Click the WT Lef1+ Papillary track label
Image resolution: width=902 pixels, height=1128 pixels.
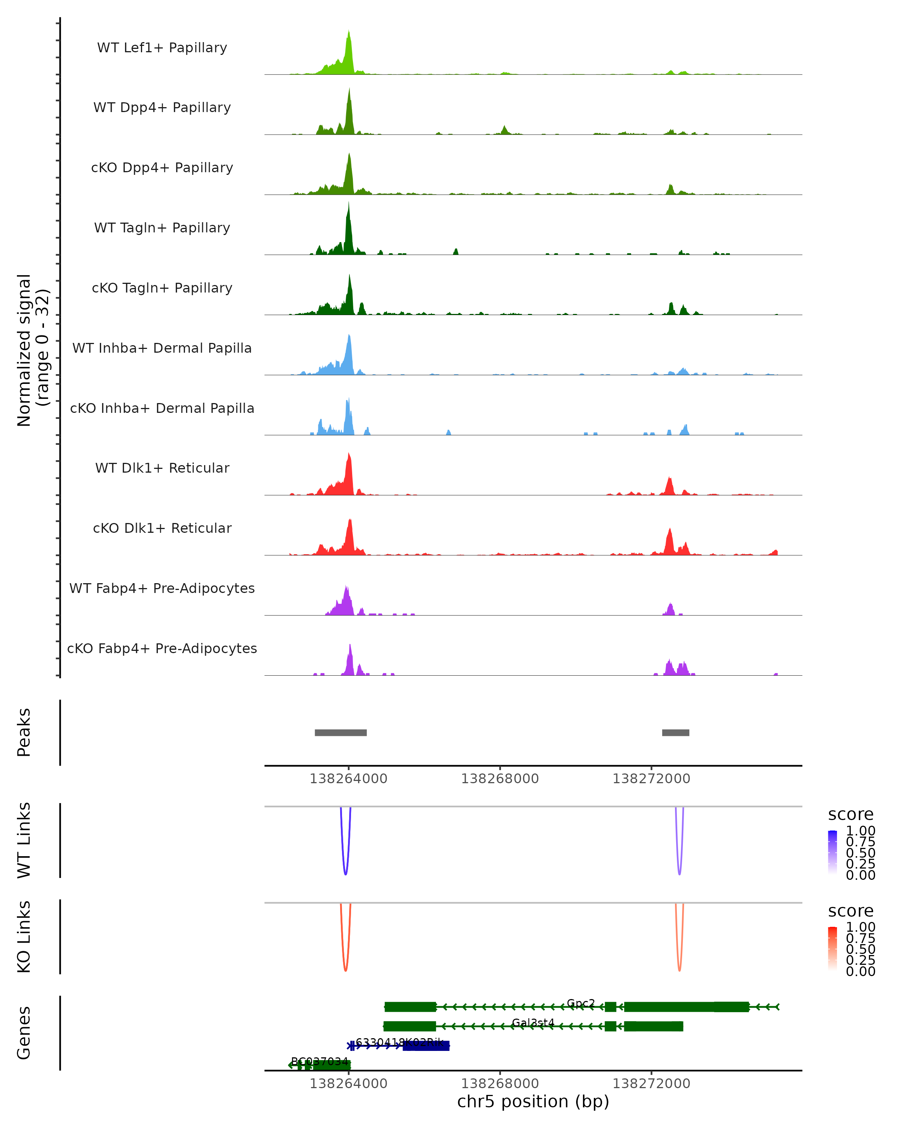(162, 48)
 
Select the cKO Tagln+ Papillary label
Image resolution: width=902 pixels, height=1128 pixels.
(162, 288)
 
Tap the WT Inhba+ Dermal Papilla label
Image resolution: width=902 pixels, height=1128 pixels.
(162, 348)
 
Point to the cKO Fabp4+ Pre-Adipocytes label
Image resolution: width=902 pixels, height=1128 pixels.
(162, 648)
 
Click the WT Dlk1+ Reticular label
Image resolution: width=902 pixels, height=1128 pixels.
(162, 468)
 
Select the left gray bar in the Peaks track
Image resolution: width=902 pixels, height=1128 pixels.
(341, 732)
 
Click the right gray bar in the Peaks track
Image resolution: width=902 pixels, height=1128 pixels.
(676, 732)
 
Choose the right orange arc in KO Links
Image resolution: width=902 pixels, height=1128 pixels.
(679, 969)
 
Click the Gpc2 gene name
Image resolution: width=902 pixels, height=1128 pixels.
(581, 1003)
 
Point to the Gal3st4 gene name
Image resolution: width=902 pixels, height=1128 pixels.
(533, 1022)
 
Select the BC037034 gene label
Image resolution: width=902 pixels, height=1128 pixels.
(319, 1061)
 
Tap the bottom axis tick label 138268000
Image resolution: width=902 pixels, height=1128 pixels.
(500, 1083)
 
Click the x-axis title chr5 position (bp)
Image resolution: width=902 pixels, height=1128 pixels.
(533, 1101)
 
